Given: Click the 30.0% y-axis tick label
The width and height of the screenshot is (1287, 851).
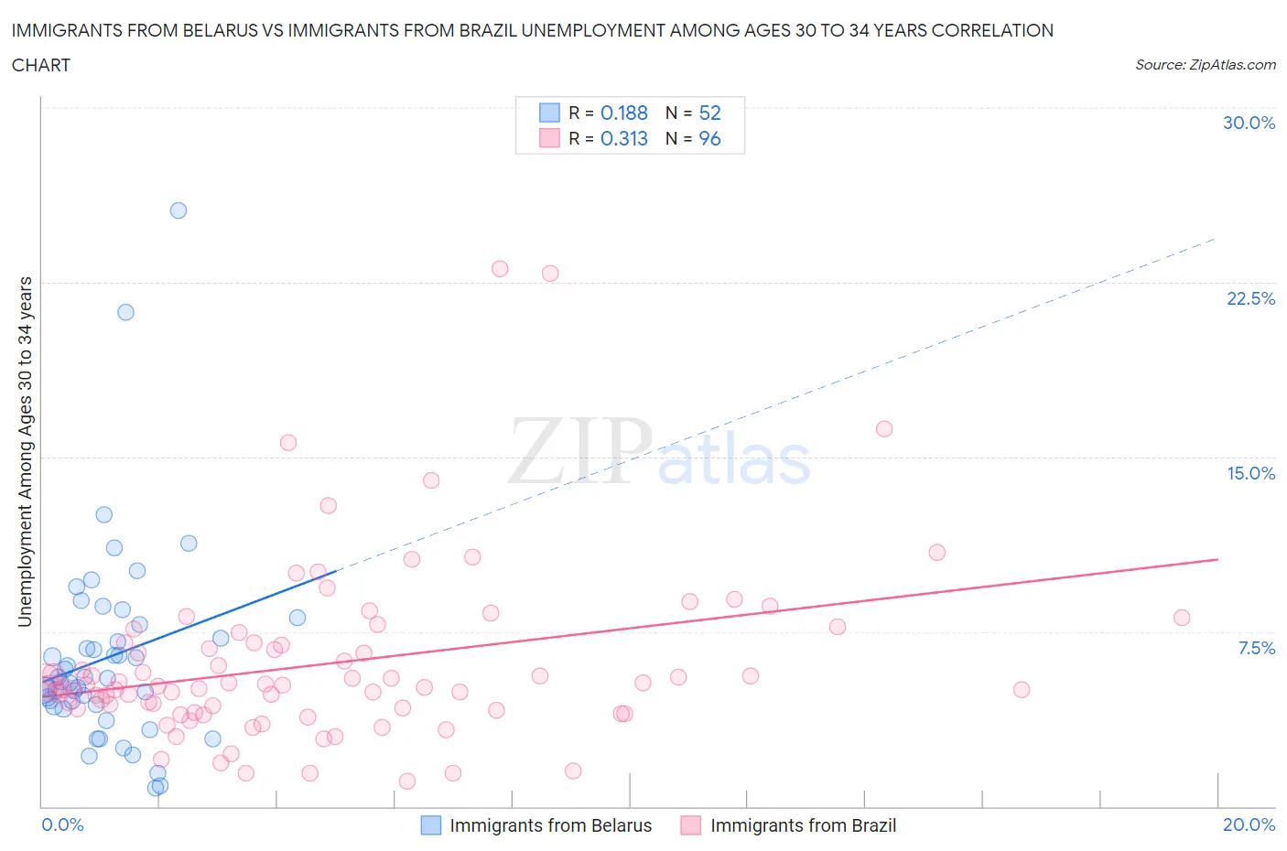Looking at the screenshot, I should click(x=1249, y=123).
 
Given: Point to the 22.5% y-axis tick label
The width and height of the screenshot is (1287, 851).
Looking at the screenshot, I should click(x=1250, y=298).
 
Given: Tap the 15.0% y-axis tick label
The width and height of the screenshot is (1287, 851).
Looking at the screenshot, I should click(x=1250, y=473).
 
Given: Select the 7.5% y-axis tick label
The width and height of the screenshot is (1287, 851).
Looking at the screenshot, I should click(x=1256, y=648).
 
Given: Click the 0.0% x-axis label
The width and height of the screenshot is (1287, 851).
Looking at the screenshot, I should click(x=62, y=824).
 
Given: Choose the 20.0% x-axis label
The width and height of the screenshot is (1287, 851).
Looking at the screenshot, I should click(x=1249, y=824).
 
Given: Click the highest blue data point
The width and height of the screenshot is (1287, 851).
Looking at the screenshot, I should click(x=178, y=210).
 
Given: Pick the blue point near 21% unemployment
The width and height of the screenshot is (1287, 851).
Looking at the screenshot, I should click(x=125, y=312).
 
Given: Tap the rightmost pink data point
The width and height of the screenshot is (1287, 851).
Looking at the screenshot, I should click(x=1182, y=618).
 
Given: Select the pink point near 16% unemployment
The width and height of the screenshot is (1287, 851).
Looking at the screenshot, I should click(x=884, y=429).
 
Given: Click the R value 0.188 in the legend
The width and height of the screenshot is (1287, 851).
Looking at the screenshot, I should click(x=624, y=113).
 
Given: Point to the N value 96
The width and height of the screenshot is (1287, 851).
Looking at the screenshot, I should click(x=709, y=138).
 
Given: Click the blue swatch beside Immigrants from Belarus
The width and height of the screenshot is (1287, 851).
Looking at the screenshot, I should click(x=431, y=825).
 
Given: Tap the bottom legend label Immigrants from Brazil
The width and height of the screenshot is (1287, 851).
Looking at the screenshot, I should click(x=803, y=825).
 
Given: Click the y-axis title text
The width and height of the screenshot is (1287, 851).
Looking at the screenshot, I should click(x=25, y=451).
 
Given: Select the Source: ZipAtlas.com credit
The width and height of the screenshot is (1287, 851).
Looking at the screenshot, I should click(x=1205, y=64).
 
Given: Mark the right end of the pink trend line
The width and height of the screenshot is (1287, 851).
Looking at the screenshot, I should click(x=1217, y=559).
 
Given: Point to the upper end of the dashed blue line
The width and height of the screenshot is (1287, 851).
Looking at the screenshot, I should click(x=1215, y=239).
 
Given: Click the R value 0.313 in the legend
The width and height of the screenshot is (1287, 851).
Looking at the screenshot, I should click(x=624, y=138).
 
